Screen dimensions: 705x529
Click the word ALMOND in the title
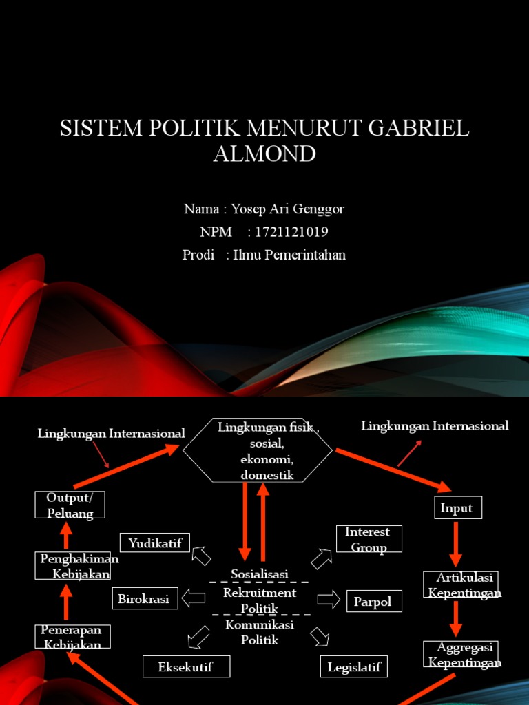pyautogui.click(x=264, y=154)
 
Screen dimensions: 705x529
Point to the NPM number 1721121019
pyautogui.click(x=291, y=232)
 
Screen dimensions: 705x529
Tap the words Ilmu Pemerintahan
pyautogui.click(x=289, y=255)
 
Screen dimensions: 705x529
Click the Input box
pyautogui.click(x=457, y=508)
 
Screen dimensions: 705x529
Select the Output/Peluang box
pyautogui.click(x=70, y=505)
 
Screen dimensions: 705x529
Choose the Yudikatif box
pyautogui.click(x=155, y=543)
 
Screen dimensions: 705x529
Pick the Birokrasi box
pyautogui.click(x=144, y=599)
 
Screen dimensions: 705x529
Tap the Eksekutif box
pyautogui.click(x=186, y=666)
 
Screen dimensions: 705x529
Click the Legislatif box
pyautogui.click(x=354, y=666)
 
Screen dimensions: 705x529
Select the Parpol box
pyautogui.click(x=373, y=602)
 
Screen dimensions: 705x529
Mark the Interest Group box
pyautogui.click(x=369, y=539)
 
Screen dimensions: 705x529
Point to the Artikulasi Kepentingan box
pyautogui.click(x=460, y=585)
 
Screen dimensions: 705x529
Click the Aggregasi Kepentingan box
pyautogui.click(x=460, y=654)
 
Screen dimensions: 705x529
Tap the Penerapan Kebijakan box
pyautogui.click(x=72, y=637)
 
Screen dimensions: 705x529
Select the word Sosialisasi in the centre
pyautogui.click(x=259, y=574)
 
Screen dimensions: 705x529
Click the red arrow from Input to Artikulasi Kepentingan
pyautogui.click(x=456, y=543)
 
